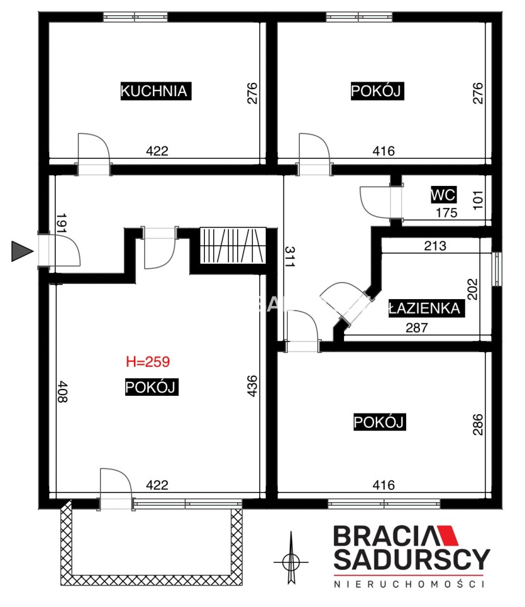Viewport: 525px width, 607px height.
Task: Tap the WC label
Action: (x=443, y=194)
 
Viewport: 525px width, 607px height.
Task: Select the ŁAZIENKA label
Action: (x=426, y=308)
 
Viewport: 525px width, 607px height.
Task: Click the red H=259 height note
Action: (x=148, y=362)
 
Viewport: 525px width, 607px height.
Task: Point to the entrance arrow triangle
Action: (x=22, y=251)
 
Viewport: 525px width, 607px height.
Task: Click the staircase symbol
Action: (x=233, y=245)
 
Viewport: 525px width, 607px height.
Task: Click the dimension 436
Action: (x=252, y=386)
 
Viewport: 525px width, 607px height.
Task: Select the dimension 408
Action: (x=63, y=392)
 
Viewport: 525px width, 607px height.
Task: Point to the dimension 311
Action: (x=290, y=257)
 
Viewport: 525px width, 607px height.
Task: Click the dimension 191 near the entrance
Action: (x=61, y=223)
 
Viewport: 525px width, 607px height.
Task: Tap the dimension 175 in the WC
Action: (x=447, y=212)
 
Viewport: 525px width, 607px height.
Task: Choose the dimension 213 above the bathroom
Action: (x=435, y=245)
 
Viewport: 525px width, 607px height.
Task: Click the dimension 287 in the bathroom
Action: (x=417, y=328)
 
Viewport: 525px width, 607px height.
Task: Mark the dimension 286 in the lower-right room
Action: (x=478, y=425)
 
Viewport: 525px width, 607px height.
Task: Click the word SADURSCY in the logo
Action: (x=412, y=559)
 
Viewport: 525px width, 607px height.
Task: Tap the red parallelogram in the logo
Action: (x=448, y=536)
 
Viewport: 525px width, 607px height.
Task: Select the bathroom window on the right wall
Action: (x=497, y=269)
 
